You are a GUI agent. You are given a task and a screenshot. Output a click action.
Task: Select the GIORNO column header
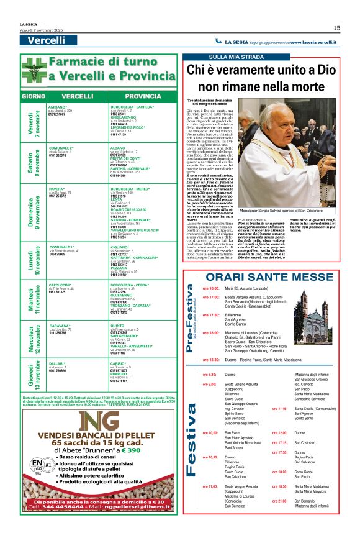(33, 97)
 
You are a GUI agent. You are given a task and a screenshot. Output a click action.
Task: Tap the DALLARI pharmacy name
(57, 345)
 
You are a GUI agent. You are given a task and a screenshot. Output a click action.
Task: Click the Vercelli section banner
(47, 40)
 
